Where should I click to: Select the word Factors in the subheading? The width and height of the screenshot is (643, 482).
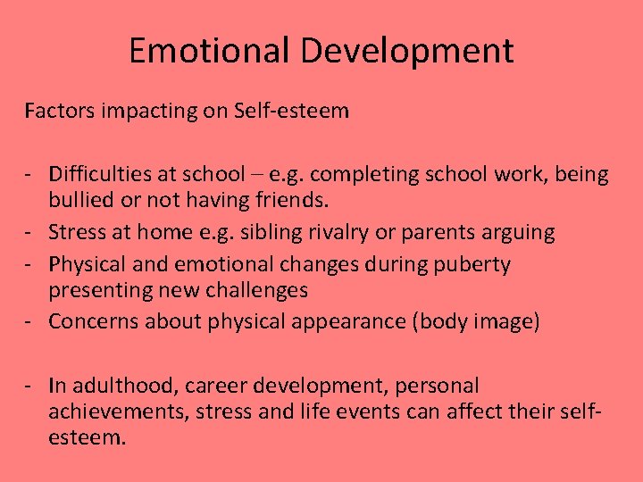point(58,112)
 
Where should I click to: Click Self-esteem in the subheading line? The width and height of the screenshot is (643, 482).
point(291,112)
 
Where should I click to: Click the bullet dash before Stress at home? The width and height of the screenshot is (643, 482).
point(29,233)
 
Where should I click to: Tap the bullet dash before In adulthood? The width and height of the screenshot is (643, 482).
point(29,386)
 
